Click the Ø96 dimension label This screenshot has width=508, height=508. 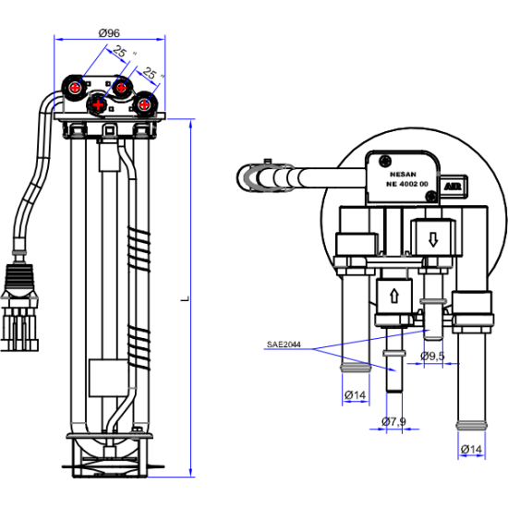pyautogui.click(x=109, y=32)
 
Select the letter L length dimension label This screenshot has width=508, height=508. pyautogui.click(x=185, y=298)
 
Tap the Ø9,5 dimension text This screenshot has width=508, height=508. pyautogui.click(x=432, y=356)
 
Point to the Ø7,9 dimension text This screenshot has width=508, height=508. pyautogui.click(x=393, y=421)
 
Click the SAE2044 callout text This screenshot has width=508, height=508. pyautogui.click(x=284, y=345)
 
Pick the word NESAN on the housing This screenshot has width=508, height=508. pyautogui.click(x=403, y=175)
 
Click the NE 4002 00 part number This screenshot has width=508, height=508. pyautogui.click(x=406, y=184)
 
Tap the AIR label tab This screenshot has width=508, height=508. pyautogui.click(x=453, y=187)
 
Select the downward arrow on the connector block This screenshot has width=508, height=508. pyautogui.click(x=433, y=240)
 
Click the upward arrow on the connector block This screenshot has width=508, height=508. pyautogui.click(x=394, y=296)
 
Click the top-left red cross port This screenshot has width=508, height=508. pyautogui.click(x=76, y=87)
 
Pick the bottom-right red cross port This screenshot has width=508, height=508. pyautogui.click(x=144, y=104)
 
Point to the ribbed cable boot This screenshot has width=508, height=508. pyautogui.click(x=18, y=280)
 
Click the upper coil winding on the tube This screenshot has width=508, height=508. pyautogui.click(x=139, y=248)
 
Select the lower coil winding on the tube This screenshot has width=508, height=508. pyautogui.click(x=139, y=347)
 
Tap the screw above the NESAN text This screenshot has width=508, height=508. pyautogui.click(x=385, y=161)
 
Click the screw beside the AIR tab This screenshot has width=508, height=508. pyautogui.click(x=431, y=196)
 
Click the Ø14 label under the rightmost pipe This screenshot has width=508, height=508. pyautogui.click(x=471, y=450)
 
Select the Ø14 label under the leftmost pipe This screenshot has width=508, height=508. pyautogui.click(x=355, y=395)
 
